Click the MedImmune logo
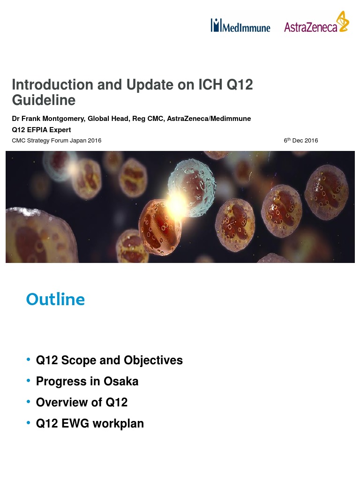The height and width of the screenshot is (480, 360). click(x=240, y=26)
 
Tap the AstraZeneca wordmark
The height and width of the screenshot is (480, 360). click(x=310, y=27)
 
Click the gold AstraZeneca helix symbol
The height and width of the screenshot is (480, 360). click(x=344, y=22)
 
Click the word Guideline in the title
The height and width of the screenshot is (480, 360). click(x=43, y=100)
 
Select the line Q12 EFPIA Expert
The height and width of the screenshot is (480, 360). click(x=41, y=130)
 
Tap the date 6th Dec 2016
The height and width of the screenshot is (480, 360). click(x=300, y=141)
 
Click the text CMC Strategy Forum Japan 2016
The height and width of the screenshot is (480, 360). click(x=56, y=141)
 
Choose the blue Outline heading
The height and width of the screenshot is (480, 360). click(x=55, y=299)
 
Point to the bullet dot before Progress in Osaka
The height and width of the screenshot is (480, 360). click(x=29, y=381)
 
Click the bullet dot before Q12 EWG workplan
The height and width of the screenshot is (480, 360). click(x=29, y=423)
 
